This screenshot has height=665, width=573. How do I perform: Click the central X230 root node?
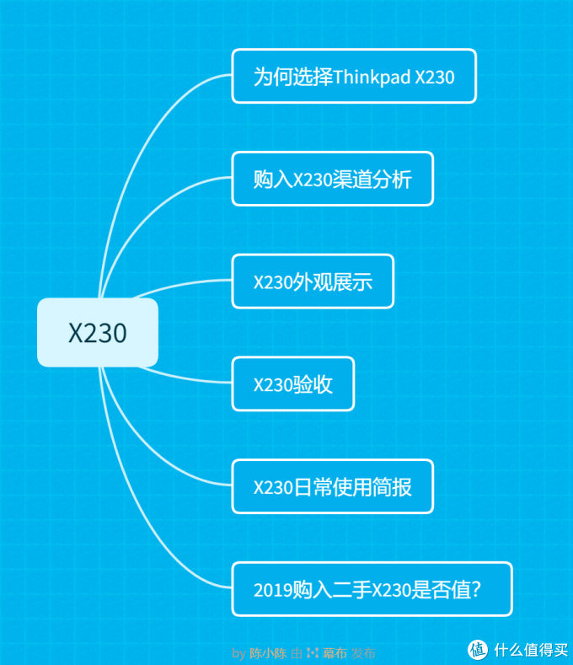(98, 333)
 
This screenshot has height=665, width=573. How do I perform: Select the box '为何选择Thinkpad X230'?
(354, 77)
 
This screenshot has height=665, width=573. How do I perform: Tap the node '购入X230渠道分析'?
(332, 179)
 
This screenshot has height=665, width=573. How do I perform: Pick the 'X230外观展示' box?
(313, 282)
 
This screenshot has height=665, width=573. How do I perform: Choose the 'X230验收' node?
(293, 384)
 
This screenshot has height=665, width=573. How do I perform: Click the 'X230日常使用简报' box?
(332, 487)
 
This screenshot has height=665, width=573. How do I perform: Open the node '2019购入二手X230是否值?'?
(372, 589)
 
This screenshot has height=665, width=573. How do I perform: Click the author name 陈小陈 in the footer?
(269, 652)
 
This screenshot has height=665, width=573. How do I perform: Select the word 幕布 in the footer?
(335, 652)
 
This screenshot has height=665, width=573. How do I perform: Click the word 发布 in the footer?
(363, 652)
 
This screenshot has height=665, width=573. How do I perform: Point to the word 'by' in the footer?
(238, 652)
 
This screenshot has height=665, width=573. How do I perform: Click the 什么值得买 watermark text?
(532, 650)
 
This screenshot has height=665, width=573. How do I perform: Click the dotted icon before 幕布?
(313, 652)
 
